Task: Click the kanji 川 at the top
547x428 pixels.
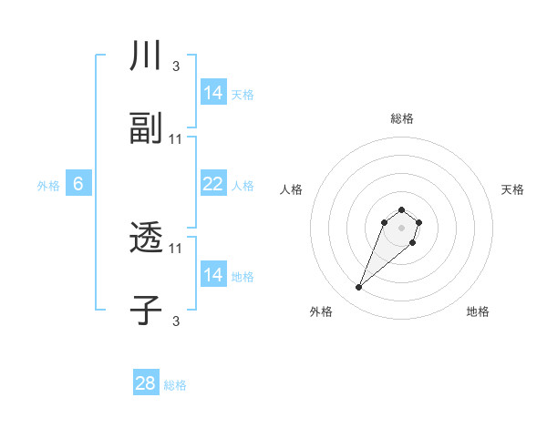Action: pyautogui.click(x=146, y=56)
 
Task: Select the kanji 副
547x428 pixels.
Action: pyautogui.click(x=146, y=129)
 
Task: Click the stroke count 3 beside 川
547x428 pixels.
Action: pyautogui.click(x=175, y=66)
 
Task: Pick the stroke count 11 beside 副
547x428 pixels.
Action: pyautogui.click(x=176, y=139)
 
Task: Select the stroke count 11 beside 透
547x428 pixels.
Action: pyautogui.click(x=176, y=248)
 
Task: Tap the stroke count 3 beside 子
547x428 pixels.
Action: pyautogui.click(x=175, y=321)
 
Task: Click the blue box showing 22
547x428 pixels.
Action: pyautogui.click(x=213, y=184)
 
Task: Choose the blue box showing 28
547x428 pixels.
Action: pyautogui.click(x=146, y=383)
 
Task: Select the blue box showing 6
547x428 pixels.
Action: pyautogui.click(x=78, y=184)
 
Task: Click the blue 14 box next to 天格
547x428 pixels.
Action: pyautogui.click(x=213, y=93)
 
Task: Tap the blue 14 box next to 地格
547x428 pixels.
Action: pyautogui.click(x=213, y=275)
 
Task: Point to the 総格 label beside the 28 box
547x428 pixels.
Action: pyautogui.click(x=175, y=385)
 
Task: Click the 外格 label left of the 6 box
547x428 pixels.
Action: pyautogui.click(x=48, y=186)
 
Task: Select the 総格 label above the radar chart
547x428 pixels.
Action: pyautogui.click(x=401, y=118)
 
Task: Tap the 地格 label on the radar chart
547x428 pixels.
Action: pyautogui.click(x=478, y=311)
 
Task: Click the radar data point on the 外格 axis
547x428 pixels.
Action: pyautogui.click(x=358, y=288)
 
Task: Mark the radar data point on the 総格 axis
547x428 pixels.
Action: pyautogui.click(x=401, y=205)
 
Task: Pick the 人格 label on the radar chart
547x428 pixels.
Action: pyautogui.click(x=292, y=189)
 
